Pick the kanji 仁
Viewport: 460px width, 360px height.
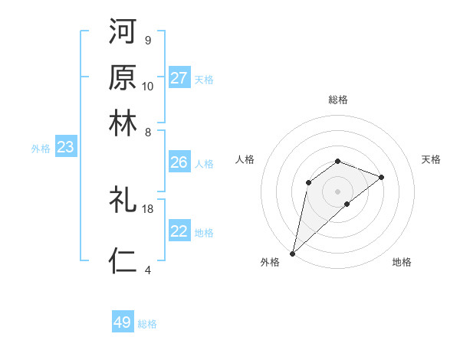click(123, 260)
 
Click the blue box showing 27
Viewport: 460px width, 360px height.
click(179, 78)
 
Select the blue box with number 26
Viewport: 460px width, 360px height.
click(179, 162)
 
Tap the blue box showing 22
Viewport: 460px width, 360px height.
click(179, 231)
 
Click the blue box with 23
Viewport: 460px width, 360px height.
click(65, 148)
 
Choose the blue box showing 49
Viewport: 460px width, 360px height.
click(123, 322)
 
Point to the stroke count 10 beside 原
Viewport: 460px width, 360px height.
click(148, 86)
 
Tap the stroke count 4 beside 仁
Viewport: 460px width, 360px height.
click(148, 270)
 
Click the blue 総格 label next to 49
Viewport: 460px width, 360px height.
click(147, 324)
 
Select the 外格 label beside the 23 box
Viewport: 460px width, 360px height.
click(41, 149)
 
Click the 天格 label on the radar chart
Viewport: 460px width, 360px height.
click(431, 159)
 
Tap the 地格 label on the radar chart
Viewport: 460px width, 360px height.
click(402, 262)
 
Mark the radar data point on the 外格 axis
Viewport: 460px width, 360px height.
click(292, 253)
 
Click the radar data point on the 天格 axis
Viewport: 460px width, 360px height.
click(382, 177)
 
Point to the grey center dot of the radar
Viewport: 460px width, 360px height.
click(337, 191)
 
